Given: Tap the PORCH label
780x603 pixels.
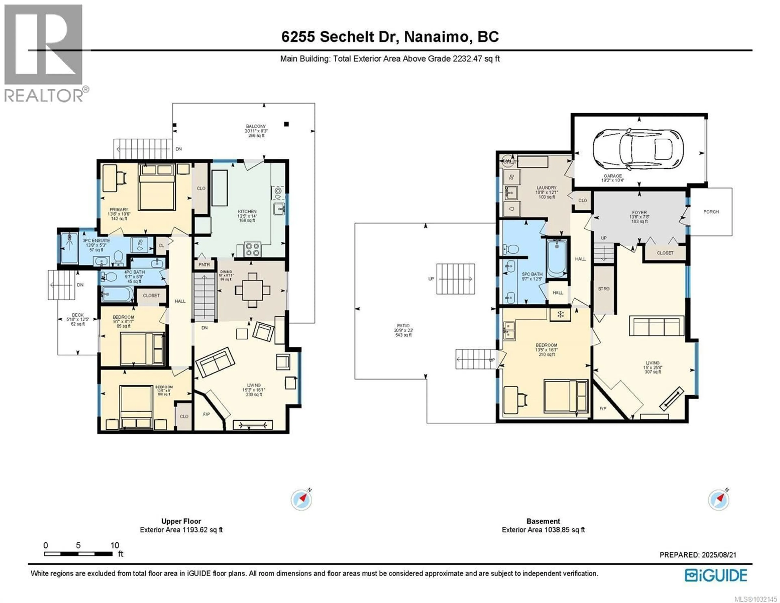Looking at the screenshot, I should point(711,212).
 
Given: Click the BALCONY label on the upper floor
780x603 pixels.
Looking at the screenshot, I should point(256,126).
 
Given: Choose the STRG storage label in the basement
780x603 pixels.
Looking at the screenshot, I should point(603,288).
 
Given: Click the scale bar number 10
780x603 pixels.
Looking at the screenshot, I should point(115,545).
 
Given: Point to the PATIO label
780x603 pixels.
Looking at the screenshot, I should point(403,326).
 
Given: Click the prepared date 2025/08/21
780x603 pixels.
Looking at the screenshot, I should point(719,555).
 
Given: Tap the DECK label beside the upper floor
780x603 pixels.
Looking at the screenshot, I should point(78,315).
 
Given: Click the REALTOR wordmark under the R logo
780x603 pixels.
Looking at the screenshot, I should point(44,96).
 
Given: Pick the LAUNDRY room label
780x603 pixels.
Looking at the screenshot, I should point(546,187).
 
